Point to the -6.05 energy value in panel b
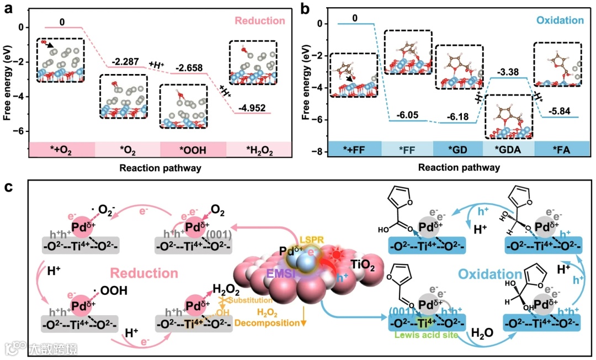click(x=407, y=115)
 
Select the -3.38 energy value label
click(x=510, y=72)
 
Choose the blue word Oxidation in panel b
click(x=559, y=21)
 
